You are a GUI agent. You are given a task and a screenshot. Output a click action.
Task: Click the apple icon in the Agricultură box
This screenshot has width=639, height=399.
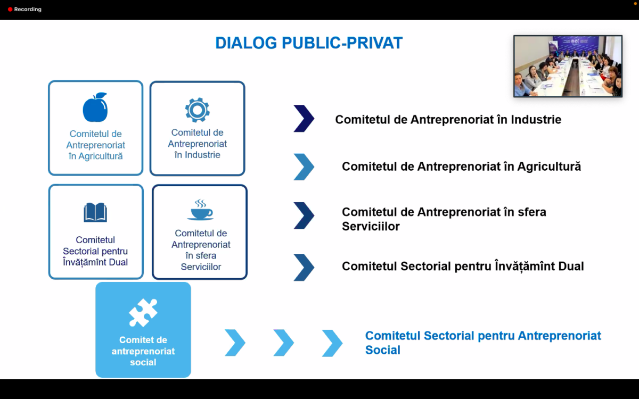(95, 107)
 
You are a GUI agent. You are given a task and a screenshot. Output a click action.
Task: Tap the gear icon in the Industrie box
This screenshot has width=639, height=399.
(197, 110)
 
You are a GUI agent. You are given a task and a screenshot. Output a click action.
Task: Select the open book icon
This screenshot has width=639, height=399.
(95, 212)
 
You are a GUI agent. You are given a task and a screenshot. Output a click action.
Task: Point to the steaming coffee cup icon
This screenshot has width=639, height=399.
(200, 210)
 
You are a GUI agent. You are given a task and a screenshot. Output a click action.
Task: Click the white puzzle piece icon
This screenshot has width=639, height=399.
(143, 313)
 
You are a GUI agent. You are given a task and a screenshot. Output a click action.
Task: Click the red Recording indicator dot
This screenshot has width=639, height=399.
(10, 10)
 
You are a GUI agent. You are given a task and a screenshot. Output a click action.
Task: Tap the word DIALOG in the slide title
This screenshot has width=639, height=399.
(246, 43)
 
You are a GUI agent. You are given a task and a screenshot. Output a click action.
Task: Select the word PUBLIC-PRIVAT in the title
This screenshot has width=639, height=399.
(342, 43)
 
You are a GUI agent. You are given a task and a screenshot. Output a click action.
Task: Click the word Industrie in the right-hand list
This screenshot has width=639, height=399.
(536, 120)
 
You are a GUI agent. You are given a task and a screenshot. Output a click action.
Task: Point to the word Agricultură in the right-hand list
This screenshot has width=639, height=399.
(549, 167)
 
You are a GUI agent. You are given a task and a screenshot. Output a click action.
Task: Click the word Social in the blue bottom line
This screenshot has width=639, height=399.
(383, 350)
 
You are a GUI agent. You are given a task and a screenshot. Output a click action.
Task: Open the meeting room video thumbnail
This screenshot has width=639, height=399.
(568, 66)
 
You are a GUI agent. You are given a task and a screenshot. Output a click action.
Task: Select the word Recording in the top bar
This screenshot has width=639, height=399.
(28, 10)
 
